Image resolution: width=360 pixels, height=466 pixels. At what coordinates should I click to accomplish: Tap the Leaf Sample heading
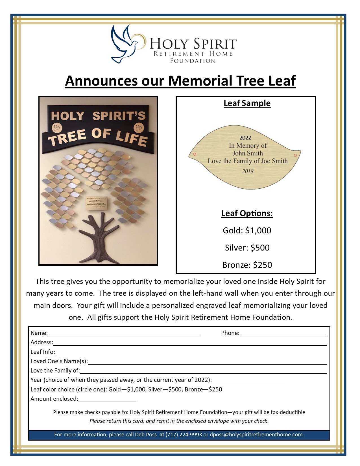pos(247,103)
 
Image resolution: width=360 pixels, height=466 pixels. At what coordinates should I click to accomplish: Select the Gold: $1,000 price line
pos(247,230)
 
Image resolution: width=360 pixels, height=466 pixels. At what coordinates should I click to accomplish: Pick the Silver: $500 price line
pos(247,248)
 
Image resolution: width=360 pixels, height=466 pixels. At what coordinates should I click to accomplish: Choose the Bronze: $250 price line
pos(247,265)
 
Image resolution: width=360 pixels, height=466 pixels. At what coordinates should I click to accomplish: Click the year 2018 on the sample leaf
pos(248,171)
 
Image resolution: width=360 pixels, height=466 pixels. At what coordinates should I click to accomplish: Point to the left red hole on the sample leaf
pos(195,154)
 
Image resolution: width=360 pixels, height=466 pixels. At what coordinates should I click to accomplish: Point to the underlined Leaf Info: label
pos(43,352)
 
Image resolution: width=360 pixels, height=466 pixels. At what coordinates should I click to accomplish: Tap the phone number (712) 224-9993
pos(184,435)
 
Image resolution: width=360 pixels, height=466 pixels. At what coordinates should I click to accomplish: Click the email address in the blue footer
pos(257,435)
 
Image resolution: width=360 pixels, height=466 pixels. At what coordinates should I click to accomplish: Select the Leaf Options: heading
pos(247,213)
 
